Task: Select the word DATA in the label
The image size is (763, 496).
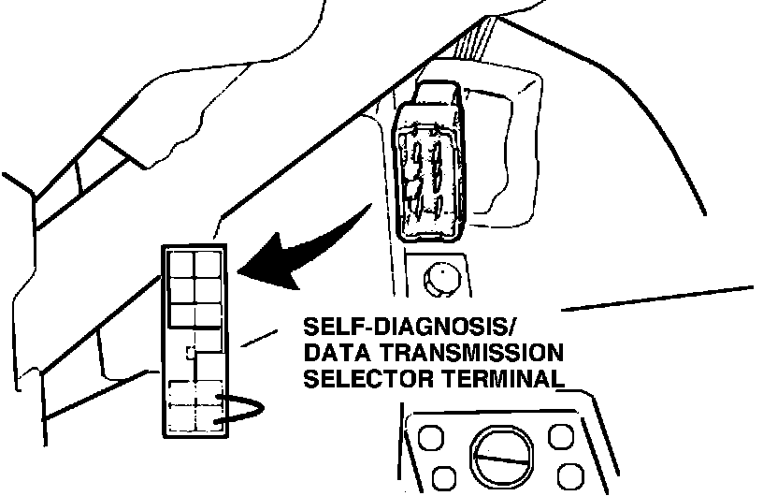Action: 334,354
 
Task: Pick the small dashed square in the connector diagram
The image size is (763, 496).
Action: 190,353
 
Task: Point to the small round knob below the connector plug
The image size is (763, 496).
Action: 439,276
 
